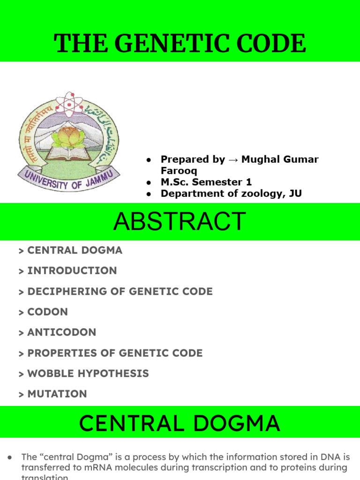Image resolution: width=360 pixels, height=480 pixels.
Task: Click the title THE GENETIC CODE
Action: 180,44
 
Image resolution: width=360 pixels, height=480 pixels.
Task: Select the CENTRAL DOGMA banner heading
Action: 180,424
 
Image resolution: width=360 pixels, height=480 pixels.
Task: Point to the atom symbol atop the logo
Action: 69,103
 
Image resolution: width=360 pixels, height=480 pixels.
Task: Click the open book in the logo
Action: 68,152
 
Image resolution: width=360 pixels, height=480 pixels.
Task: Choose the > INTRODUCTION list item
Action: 67,270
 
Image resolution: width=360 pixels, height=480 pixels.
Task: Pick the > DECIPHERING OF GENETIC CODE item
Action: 115,291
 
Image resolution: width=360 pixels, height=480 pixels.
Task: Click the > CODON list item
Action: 43,312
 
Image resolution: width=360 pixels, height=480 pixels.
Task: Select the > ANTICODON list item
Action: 57,332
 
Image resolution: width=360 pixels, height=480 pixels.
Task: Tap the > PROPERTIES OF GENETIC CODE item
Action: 111,353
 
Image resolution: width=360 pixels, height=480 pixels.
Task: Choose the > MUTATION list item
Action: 52,394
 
